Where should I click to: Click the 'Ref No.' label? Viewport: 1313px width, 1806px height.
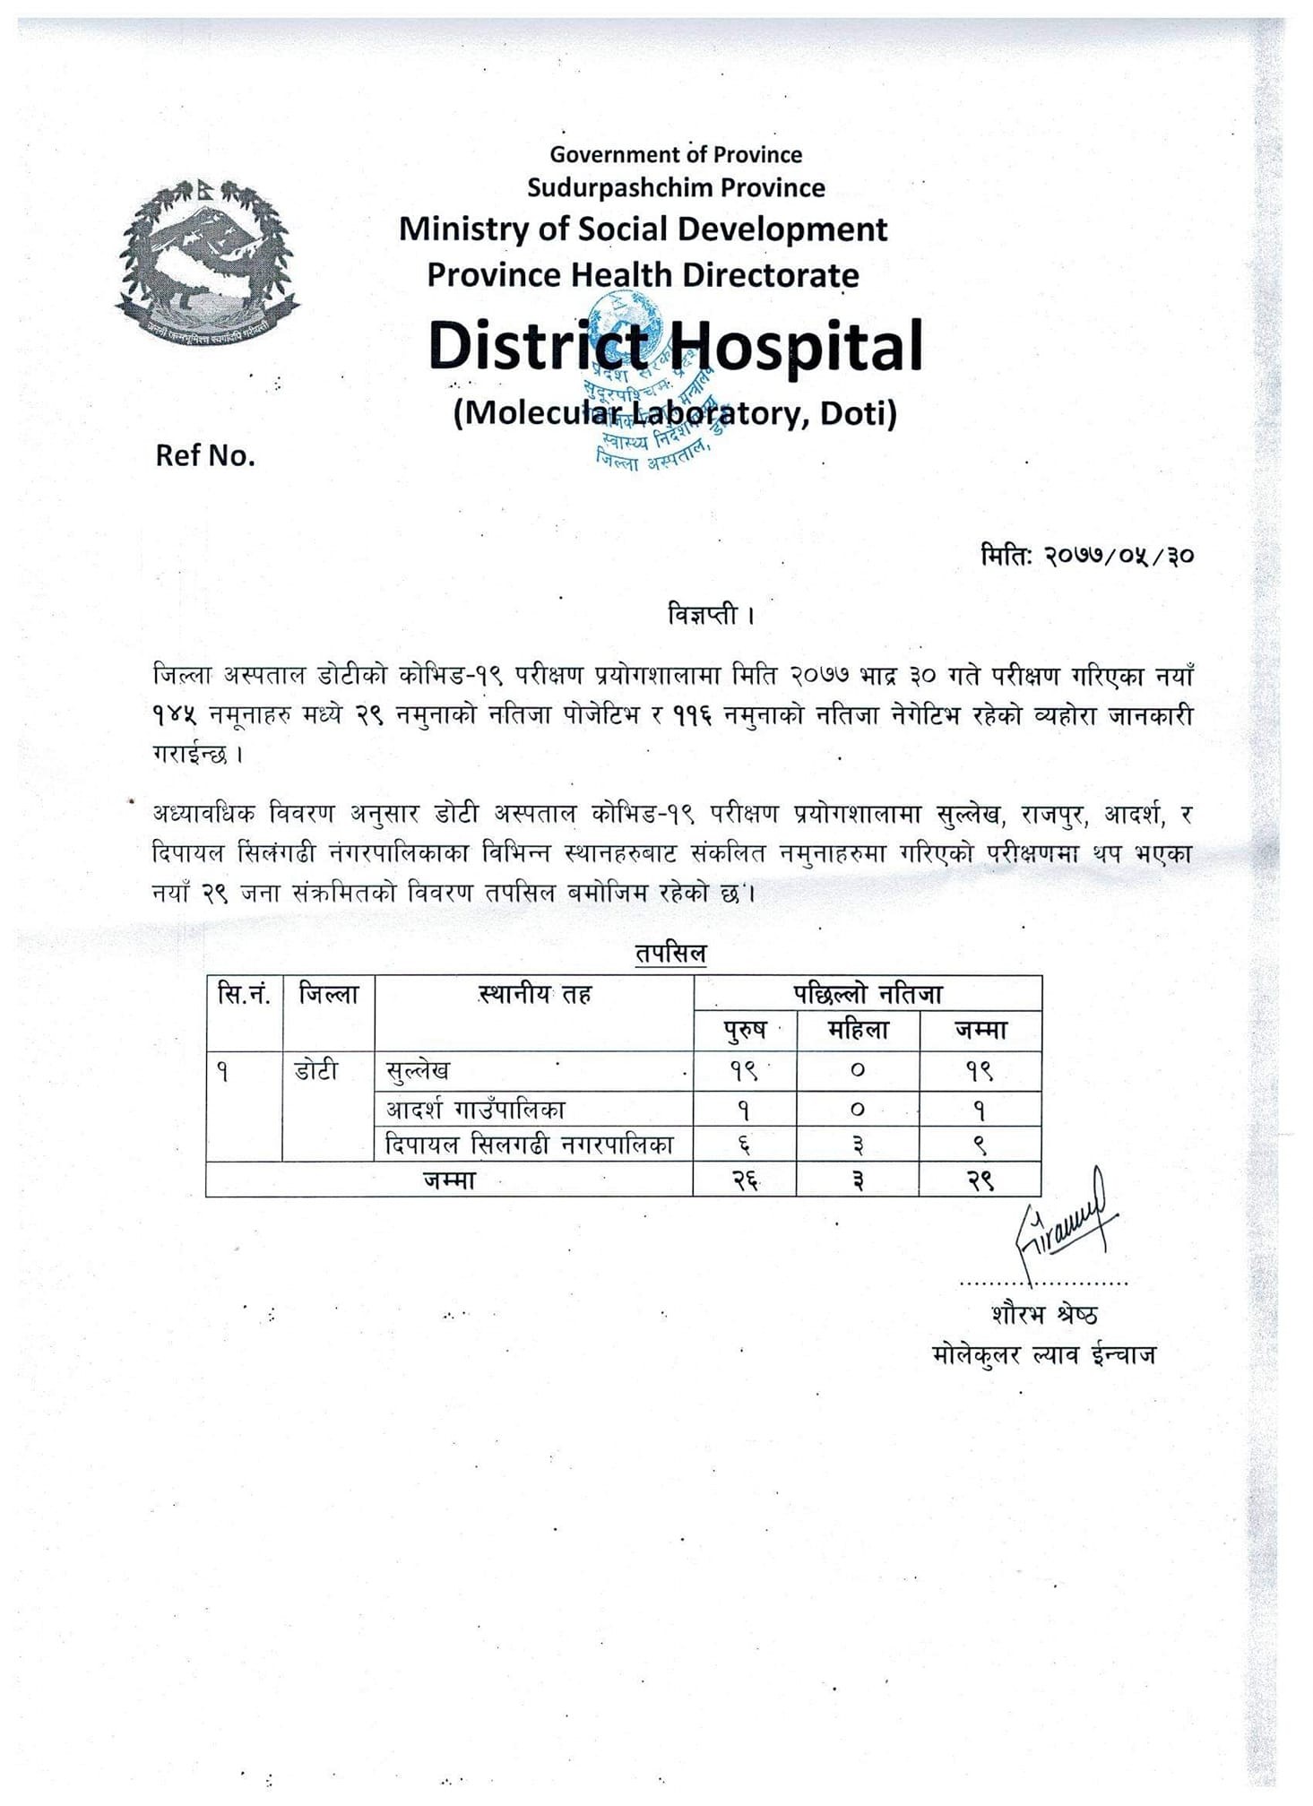pos(205,455)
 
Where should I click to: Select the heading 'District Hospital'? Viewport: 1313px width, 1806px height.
pos(675,346)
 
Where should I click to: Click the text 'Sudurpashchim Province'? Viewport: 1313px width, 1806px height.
pos(675,187)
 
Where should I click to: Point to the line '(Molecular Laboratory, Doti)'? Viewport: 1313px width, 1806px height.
pos(675,413)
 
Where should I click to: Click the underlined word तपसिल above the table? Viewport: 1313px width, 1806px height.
pos(670,953)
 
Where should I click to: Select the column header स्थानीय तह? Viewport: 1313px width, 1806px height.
pos(534,994)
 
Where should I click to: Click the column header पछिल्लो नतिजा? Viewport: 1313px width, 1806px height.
pos(867,993)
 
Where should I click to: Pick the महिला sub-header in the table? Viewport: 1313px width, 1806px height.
pos(858,1031)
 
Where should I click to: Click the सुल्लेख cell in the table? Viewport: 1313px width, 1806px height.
pos(418,1070)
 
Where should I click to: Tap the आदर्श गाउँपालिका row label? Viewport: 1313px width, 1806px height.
pos(476,1110)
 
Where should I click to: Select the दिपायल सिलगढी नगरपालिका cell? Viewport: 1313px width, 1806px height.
pos(529,1145)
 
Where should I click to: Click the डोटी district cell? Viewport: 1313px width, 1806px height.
pos(316,1070)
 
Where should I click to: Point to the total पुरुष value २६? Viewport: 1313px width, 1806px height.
pos(745,1180)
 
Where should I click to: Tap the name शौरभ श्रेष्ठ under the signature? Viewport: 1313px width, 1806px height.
pos(1044,1315)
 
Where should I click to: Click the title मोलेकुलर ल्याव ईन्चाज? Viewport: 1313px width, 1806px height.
pos(1044,1353)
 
